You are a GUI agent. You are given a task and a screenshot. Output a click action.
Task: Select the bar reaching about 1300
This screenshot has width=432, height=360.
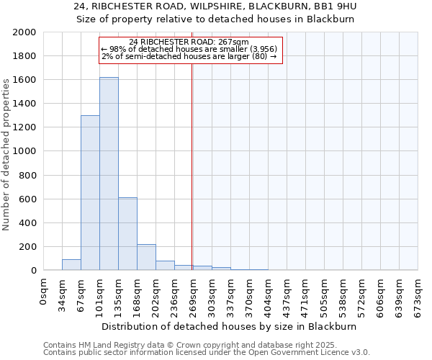click(90, 193)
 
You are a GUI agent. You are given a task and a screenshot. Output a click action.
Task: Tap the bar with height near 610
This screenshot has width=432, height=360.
click(127, 234)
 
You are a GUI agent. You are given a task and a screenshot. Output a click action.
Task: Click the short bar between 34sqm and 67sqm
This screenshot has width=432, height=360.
click(71, 265)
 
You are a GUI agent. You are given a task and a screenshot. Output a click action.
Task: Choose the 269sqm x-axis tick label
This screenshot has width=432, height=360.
click(194, 294)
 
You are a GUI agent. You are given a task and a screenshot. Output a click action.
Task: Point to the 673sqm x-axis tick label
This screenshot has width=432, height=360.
click(418, 294)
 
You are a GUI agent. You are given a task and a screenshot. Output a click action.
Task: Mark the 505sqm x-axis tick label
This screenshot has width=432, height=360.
click(324, 294)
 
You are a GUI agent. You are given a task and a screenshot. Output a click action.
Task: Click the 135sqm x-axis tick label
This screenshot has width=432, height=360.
click(119, 294)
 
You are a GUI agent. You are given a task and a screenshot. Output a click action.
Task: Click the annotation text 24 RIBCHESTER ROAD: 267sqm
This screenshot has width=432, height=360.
click(190, 42)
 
